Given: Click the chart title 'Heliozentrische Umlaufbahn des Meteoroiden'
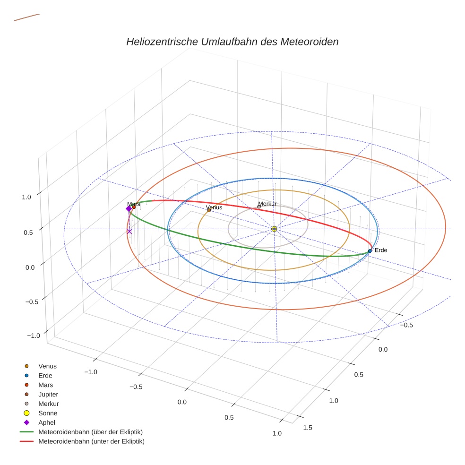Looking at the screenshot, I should (232, 42).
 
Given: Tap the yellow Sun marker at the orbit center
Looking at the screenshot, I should (274, 229).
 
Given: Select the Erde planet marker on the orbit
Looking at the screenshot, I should (370, 251).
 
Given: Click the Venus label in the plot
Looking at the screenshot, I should (214, 207).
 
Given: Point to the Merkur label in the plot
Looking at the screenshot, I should (267, 204).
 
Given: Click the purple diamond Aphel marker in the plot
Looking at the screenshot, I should (129, 208).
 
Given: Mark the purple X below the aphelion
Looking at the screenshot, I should (129, 231).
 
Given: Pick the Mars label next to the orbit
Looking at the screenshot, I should (133, 204).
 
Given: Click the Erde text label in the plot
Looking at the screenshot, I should (381, 250).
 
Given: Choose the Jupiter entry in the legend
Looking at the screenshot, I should (48, 394).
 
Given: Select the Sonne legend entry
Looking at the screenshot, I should (48, 413).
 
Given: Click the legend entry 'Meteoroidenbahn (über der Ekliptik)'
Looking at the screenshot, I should (90, 432).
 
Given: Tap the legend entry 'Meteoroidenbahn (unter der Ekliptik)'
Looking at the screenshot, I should (91, 441).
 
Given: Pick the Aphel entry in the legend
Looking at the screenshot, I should (47, 422).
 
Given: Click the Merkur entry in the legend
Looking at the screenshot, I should (48, 404).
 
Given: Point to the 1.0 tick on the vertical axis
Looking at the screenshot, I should (26, 197).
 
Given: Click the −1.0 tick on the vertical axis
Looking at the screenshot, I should (33, 335).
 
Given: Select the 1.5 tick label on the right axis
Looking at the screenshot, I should (308, 427).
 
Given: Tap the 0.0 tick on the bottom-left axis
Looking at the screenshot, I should (182, 402).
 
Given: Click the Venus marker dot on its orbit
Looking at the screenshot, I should (209, 210).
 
